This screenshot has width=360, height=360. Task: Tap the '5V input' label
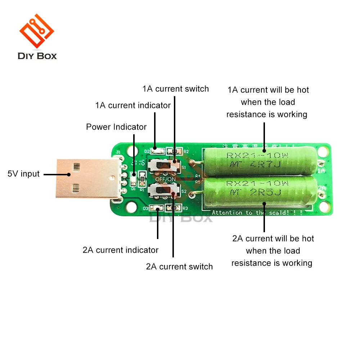(23, 174)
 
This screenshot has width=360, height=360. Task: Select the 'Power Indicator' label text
(116, 127)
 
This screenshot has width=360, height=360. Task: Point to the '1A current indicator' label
(133, 105)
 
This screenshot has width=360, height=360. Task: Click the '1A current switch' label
(175, 89)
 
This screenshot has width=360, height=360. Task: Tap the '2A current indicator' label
(121, 250)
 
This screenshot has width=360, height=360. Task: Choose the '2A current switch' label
(179, 267)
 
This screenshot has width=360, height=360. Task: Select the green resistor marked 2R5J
(260, 188)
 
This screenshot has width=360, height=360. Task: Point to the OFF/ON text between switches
(166, 179)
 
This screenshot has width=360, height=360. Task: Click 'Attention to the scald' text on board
(257, 212)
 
